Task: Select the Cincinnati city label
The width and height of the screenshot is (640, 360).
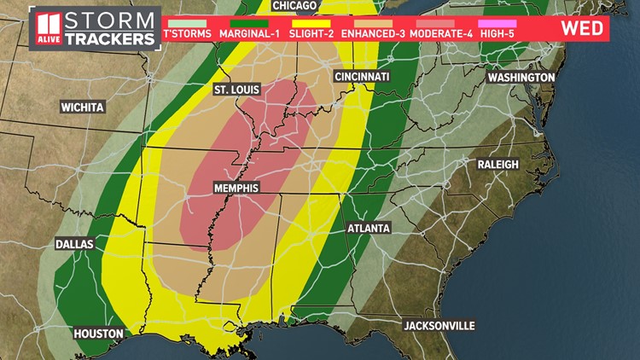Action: pyautogui.click(x=362, y=77)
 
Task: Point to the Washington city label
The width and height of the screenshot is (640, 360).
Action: pyautogui.click(x=521, y=78)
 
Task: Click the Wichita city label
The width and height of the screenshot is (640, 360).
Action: pyautogui.click(x=82, y=107)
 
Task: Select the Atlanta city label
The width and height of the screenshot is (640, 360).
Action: pyautogui.click(x=369, y=229)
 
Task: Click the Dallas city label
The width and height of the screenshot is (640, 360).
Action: pyautogui.click(x=74, y=244)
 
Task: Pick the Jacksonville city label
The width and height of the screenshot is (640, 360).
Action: pyautogui.click(x=439, y=326)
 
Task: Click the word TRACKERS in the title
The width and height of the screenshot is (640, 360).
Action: pyautogui.click(x=113, y=39)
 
